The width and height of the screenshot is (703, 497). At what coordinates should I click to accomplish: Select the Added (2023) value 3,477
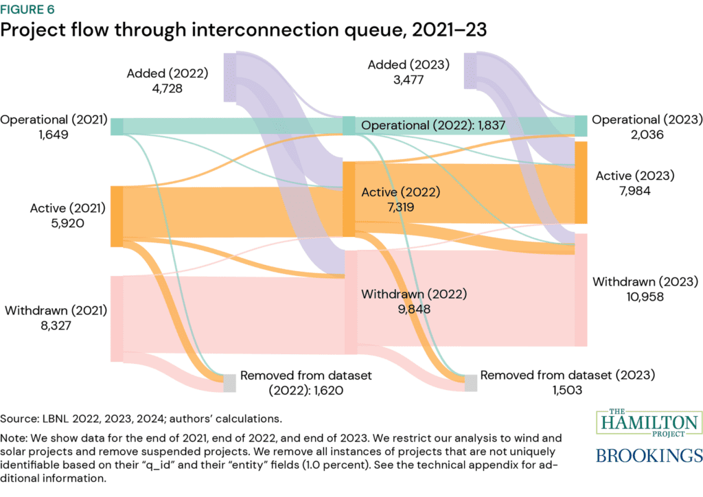point(409,79)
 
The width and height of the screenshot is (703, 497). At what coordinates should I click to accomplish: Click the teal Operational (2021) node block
point(117,126)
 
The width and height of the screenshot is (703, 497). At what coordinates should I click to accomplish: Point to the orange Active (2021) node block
point(117,216)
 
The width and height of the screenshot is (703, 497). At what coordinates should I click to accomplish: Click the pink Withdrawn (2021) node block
point(117,319)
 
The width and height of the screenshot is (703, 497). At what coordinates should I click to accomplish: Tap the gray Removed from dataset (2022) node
point(229,383)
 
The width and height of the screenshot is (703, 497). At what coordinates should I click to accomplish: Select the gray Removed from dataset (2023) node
point(471,382)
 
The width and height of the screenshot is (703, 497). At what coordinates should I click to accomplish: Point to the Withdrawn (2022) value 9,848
point(387,308)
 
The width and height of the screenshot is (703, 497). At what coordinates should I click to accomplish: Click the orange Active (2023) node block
point(581,182)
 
